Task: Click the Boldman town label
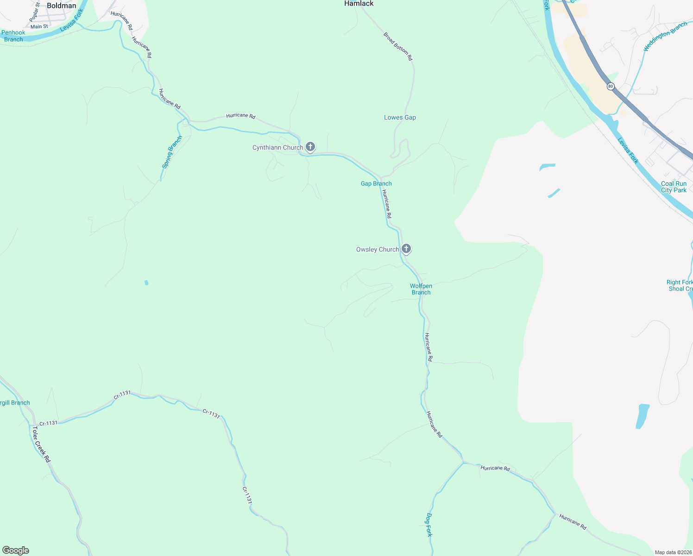point(61,6)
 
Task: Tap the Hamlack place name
point(359,3)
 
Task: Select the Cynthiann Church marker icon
point(310,147)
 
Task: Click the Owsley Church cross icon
point(406,249)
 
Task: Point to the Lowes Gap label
point(400,117)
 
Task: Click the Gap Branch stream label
point(376,183)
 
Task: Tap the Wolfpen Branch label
point(421,289)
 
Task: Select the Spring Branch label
point(172,152)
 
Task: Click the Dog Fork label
point(429,524)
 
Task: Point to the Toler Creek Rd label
point(41,444)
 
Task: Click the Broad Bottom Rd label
point(398,46)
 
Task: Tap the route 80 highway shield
point(611,86)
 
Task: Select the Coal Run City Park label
point(674,187)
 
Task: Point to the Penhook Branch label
point(13,36)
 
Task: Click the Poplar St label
point(35,13)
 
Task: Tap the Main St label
point(39,26)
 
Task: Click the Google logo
point(16,550)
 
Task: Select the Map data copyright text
point(673,552)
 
